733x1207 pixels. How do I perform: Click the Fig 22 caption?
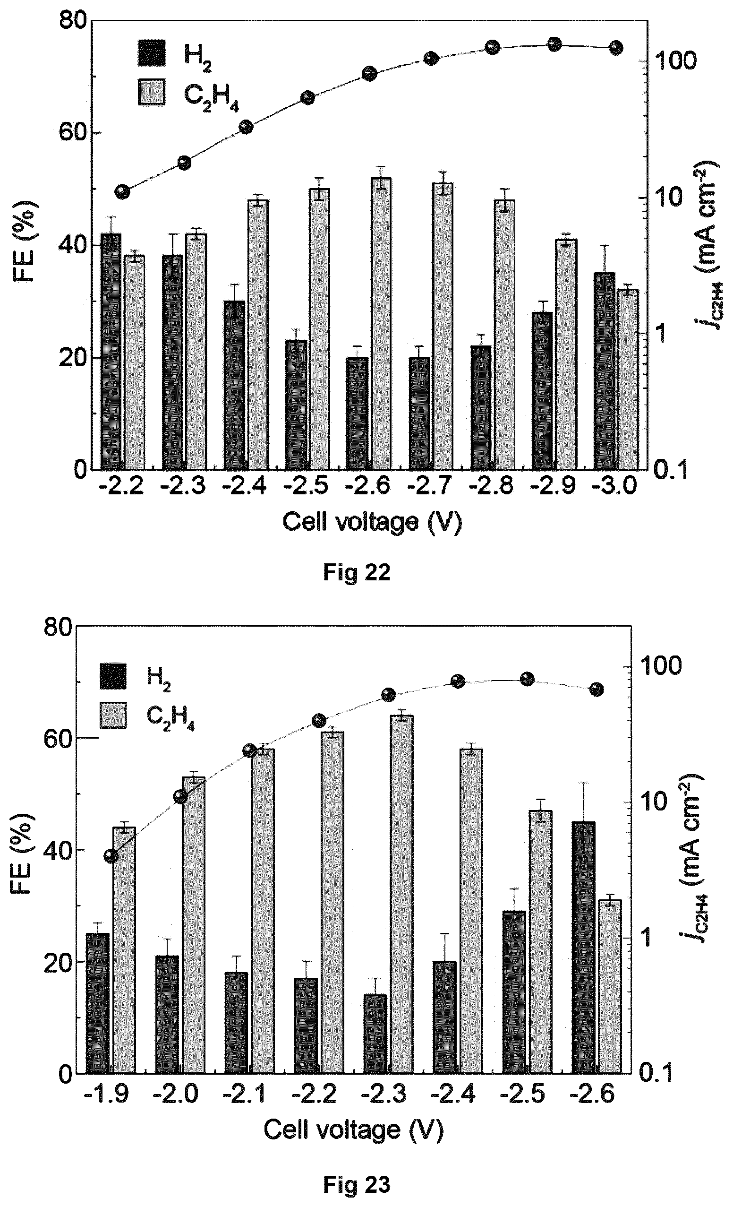click(357, 573)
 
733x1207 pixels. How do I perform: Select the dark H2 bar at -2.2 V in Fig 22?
click(111, 351)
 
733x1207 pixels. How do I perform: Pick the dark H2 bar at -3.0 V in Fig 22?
click(604, 371)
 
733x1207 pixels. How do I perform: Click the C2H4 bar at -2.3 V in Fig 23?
click(401, 895)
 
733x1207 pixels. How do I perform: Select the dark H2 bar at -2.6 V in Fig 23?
click(584, 948)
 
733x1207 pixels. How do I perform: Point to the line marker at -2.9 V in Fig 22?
click(554, 44)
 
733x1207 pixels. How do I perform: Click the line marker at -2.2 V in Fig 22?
click(122, 191)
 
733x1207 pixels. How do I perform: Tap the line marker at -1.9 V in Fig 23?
click(111, 856)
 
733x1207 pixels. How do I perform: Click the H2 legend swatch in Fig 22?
click(152, 53)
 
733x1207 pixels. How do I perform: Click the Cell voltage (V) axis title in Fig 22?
click(372, 523)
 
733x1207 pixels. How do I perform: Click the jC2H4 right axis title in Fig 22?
click(705, 245)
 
